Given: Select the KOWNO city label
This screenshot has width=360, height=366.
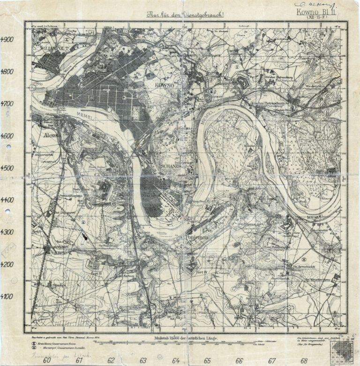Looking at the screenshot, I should (x=164, y=86).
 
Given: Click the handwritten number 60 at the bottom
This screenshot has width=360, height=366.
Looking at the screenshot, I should (x=47, y=360).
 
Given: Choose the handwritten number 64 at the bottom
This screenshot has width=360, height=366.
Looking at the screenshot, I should (x=175, y=360).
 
